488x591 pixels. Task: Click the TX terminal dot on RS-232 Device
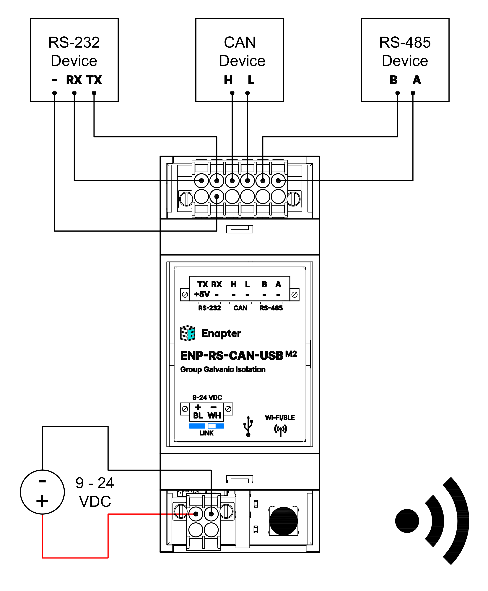(x=94, y=93)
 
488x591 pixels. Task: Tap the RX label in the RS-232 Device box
(x=74, y=80)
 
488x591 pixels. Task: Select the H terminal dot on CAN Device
(x=232, y=93)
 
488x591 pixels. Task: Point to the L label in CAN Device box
(x=251, y=80)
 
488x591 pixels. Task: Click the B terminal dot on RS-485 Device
(x=398, y=93)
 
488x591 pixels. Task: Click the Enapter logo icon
(x=188, y=333)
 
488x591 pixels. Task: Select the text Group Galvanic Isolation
(x=223, y=369)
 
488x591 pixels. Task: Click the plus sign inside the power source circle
(x=42, y=501)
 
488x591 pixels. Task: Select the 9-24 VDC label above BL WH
(x=207, y=398)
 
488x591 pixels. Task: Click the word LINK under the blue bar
(x=207, y=433)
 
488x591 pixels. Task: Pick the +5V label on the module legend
(x=202, y=295)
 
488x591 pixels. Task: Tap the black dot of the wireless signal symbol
(x=407, y=521)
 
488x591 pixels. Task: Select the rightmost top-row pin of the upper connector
(x=278, y=181)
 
